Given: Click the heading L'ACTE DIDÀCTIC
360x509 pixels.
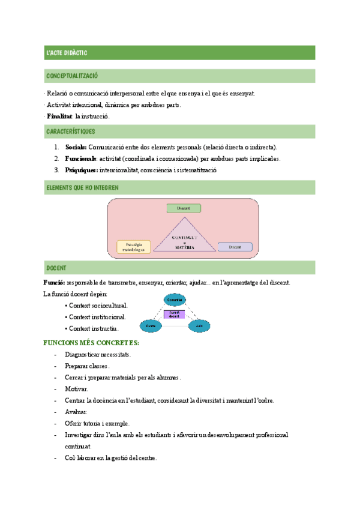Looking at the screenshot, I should tap(67, 53).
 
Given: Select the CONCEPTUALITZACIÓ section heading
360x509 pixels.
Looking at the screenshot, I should tap(72, 76).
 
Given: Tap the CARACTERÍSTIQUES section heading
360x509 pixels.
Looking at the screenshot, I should tap(70, 131).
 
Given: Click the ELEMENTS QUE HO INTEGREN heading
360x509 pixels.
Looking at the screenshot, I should tap(82, 188).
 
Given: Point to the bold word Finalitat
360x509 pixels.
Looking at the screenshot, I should tap(59, 116).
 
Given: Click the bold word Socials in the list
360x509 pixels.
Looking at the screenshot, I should tap(76, 147).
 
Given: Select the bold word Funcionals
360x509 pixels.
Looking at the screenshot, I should tap(80, 158).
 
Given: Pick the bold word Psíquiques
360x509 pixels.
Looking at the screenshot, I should tap(81, 170).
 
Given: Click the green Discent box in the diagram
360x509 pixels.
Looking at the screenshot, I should tap(184, 208).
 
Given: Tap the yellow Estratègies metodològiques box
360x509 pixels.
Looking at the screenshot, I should tap(134, 246).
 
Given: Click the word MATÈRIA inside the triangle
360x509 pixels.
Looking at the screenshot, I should tap(185, 247).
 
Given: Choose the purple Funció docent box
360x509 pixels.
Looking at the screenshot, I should tap(175, 314).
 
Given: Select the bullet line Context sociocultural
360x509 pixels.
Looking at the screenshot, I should tap(98, 306).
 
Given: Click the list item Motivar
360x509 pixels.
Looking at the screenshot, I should tap(76, 389).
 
